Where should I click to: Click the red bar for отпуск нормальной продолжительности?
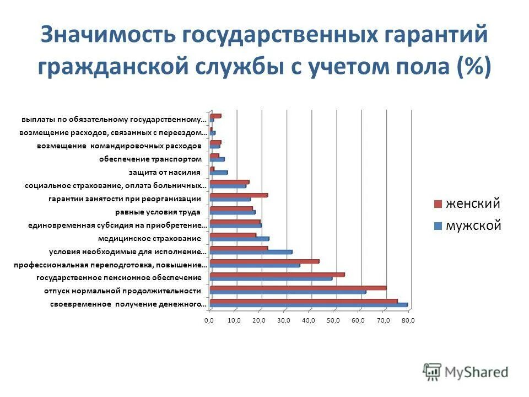(298, 288)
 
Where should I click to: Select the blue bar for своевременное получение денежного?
(309, 305)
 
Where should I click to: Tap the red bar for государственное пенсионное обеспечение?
(277, 275)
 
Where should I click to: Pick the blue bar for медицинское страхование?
(239, 239)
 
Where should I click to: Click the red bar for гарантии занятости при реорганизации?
(239, 195)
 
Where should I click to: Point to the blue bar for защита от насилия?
(219, 173)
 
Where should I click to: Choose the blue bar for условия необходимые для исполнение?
(251, 252)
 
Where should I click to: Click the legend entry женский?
(472, 203)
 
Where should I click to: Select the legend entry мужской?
(473, 225)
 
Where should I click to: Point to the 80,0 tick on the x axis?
(408, 320)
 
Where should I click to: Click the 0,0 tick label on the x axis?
(209, 320)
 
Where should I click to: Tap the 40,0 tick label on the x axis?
(309, 320)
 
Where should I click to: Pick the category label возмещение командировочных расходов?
(118, 146)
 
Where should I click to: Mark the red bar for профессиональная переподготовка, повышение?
(264, 261)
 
